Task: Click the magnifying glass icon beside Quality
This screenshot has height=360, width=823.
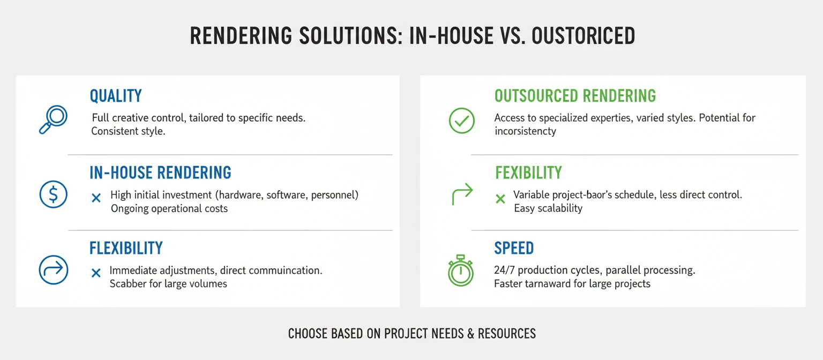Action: coord(53,119)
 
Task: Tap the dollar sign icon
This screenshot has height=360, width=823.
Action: coord(54,194)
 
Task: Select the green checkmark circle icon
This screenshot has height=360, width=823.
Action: coord(461,121)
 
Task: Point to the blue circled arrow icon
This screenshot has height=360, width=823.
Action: coord(54,269)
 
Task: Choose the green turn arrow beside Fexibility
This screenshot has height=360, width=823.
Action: coord(462,193)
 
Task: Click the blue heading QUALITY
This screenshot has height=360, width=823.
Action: coord(116,96)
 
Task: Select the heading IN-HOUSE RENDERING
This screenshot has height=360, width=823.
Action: coord(160,172)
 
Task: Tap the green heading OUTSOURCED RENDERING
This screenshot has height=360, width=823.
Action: coord(575,96)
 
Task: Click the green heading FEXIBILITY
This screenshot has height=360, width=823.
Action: coord(528,172)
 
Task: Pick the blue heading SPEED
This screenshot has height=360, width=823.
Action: coord(514,248)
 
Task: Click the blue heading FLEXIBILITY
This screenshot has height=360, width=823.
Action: coord(126,248)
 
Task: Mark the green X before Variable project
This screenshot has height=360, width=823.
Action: coord(500,199)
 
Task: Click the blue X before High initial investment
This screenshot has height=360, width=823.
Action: coord(96,198)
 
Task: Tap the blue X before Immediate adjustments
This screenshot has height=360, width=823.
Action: coord(96,273)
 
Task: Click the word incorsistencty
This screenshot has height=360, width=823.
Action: coord(525,131)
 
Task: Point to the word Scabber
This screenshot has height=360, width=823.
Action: coord(129,284)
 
